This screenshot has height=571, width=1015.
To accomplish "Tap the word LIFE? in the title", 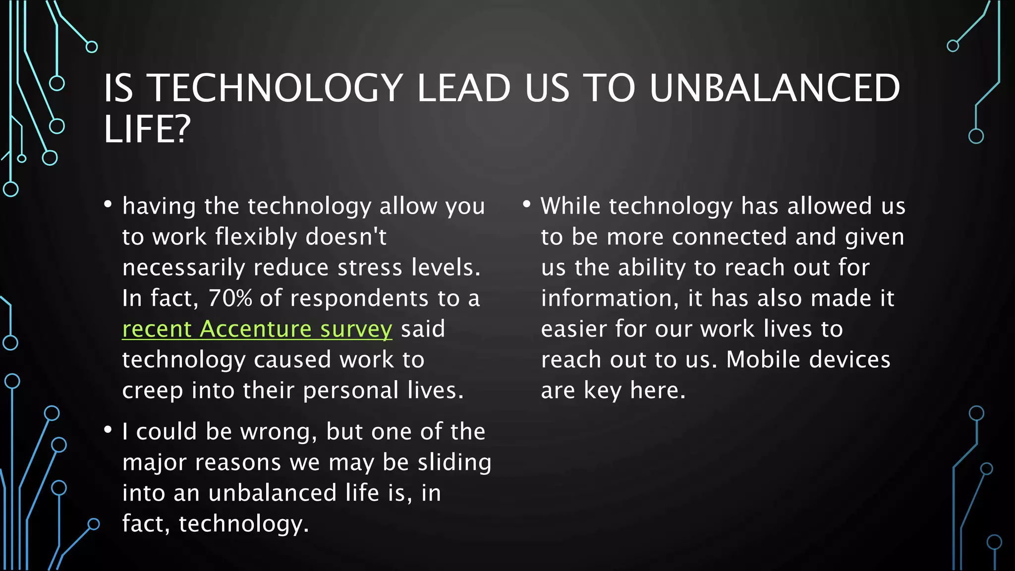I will coord(147,129).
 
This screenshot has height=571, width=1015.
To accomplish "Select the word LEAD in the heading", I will coord(463,88).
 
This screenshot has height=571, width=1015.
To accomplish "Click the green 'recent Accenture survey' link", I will coord(257,329).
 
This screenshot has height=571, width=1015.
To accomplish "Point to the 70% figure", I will coord(230,298).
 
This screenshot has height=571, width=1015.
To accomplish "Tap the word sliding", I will coord(454,462).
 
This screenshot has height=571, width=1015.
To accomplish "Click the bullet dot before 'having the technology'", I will coord(108,204).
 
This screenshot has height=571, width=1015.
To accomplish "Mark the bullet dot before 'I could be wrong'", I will coord(108,430).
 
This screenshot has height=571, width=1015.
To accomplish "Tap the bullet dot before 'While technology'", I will coord(527,204).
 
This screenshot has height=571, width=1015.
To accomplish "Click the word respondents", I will coord(359,298).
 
